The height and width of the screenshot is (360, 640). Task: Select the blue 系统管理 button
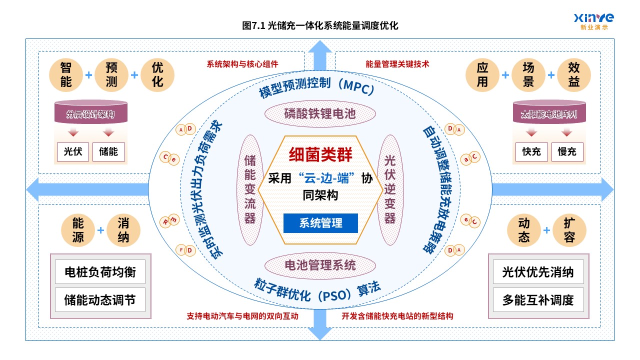(x=320, y=223)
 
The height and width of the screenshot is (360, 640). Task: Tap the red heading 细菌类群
(x=320, y=154)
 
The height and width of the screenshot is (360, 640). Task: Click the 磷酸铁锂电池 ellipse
(x=320, y=113)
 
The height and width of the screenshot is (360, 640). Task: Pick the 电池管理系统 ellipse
(x=320, y=265)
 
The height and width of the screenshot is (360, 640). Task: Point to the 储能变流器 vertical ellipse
(x=250, y=189)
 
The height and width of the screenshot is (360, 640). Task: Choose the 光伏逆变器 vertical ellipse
(x=390, y=189)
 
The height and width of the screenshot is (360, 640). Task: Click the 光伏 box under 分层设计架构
(x=73, y=151)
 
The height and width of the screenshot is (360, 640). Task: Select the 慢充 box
(x=567, y=151)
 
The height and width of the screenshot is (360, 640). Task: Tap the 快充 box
(x=531, y=151)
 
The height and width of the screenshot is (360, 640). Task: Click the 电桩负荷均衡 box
(x=100, y=271)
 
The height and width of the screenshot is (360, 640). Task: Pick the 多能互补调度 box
(x=538, y=299)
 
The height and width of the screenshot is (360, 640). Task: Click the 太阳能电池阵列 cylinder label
(x=549, y=114)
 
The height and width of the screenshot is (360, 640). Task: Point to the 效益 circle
(x=574, y=75)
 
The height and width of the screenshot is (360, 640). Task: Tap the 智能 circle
(x=66, y=75)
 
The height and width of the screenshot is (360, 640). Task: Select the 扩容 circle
(x=569, y=230)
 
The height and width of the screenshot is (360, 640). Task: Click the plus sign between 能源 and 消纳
(x=100, y=230)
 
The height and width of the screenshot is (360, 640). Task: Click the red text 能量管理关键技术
(x=397, y=64)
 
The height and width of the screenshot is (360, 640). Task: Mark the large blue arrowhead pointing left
(x=32, y=189)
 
